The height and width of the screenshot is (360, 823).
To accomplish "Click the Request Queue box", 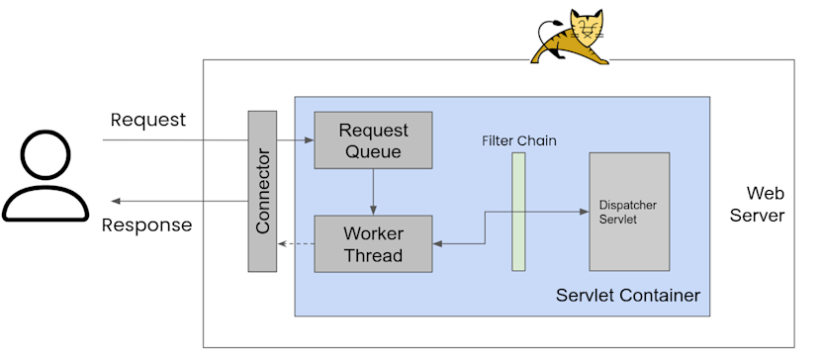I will [x=372, y=139].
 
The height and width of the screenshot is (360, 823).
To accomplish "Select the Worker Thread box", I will [x=372, y=244].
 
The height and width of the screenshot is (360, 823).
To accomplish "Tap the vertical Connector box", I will [x=262, y=191].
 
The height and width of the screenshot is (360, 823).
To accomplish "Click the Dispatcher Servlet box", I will [x=629, y=212].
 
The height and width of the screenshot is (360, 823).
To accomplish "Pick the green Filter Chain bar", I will [x=518, y=211].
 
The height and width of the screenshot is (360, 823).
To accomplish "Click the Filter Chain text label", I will [x=518, y=140].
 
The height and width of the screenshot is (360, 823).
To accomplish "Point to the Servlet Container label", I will [x=627, y=296].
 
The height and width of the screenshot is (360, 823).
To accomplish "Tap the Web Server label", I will [x=765, y=204].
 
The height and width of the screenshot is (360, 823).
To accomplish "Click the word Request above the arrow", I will [x=147, y=120].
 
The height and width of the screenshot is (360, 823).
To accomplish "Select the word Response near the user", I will [x=147, y=225].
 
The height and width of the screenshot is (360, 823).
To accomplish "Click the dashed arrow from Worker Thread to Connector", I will [x=296, y=243].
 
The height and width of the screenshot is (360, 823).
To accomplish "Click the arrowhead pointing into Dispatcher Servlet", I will [x=583, y=211].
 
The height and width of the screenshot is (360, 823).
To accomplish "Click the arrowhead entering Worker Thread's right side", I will [x=437, y=243].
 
